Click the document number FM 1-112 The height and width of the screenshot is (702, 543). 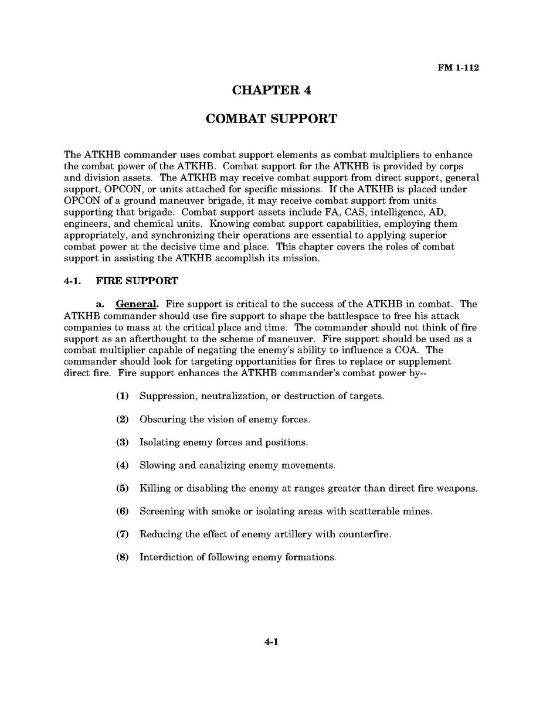[x=458, y=67]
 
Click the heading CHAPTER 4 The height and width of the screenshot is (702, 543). [x=271, y=90]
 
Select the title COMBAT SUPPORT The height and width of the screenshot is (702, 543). [x=271, y=119]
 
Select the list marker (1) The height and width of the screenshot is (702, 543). [x=122, y=396]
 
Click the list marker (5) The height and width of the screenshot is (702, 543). [x=122, y=488]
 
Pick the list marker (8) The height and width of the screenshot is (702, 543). [x=122, y=557]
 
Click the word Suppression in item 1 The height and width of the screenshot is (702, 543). [x=168, y=396]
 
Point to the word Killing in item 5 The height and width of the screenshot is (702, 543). [x=154, y=488]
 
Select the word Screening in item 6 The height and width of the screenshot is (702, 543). [x=162, y=512]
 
